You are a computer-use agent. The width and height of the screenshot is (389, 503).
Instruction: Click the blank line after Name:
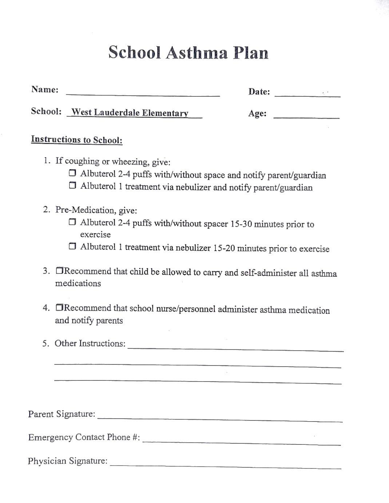(x=143, y=93)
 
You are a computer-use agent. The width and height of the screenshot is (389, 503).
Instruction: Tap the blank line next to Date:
(x=307, y=93)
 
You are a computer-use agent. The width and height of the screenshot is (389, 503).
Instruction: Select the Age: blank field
(x=306, y=115)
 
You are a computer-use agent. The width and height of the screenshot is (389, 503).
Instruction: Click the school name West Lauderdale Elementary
(x=130, y=113)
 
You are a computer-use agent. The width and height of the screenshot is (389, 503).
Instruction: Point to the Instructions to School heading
(x=77, y=140)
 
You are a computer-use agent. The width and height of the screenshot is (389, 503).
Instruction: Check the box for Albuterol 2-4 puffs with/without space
(x=72, y=173)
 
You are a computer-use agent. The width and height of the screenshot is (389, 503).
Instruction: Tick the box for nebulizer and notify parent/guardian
(x=72, y=186)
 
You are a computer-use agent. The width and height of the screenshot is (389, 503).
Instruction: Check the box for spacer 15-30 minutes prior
(x=72, y=222)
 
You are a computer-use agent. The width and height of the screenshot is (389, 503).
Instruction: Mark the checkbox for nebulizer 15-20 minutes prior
(x=72, y=247)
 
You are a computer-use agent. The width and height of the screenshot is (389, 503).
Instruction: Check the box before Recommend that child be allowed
(x=60, y=271)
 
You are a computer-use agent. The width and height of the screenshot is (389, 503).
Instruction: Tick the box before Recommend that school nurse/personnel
(x=60, y=308)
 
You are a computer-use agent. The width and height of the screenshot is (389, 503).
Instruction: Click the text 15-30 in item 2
(x=241, y=224)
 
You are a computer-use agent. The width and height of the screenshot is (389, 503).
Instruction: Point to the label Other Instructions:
(x=90, y=343)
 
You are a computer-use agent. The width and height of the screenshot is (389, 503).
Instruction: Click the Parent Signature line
(x=220, y=418)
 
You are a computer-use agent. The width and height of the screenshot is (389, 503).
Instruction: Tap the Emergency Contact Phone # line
(x=242, y=441)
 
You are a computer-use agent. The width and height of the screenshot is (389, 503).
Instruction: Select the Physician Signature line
(x=226, y=464)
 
